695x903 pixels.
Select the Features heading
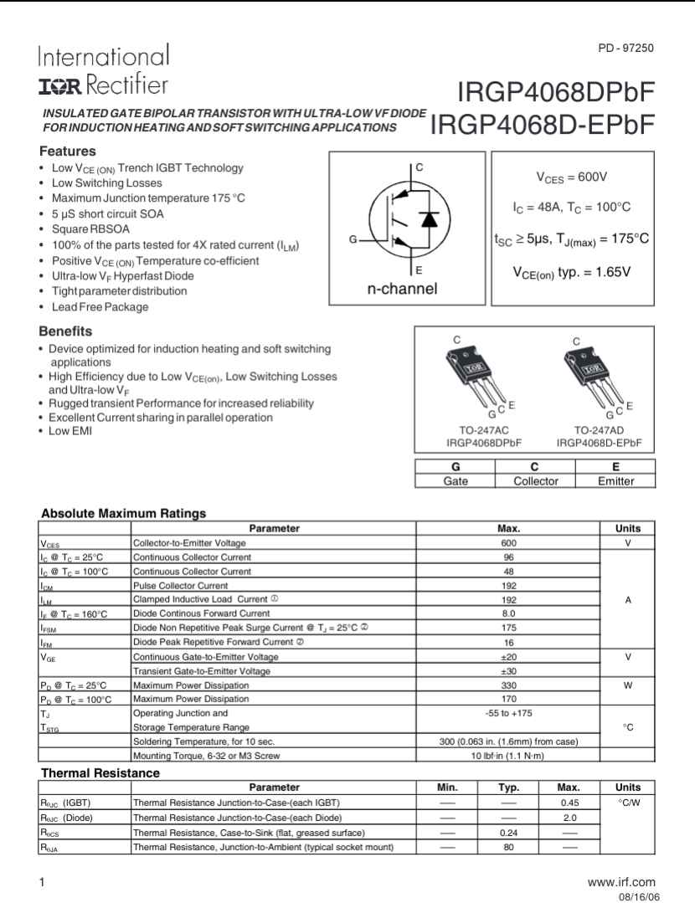(68, 151)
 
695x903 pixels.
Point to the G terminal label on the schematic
(353, 240)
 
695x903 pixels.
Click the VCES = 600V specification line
(571, 177)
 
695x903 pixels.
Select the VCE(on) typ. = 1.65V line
(571, 272)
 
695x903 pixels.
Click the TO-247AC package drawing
(474, 375)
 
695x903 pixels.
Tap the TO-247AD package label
(599, 429)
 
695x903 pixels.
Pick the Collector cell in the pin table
(535, 481)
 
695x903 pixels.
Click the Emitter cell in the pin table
(615, 481)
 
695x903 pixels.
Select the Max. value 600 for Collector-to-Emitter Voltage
(508, 542)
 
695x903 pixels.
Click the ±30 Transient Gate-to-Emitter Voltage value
(508, 671)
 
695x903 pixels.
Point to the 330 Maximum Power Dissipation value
(508, 685)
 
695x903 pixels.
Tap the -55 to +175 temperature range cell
(508, 713)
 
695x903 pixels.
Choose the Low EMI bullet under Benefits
(70, 431)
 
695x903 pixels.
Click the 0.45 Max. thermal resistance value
(570, 803)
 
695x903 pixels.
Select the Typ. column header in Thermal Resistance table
(508, 788)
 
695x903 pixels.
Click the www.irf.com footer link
(621, 882)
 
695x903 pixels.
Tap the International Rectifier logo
(103, 70)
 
